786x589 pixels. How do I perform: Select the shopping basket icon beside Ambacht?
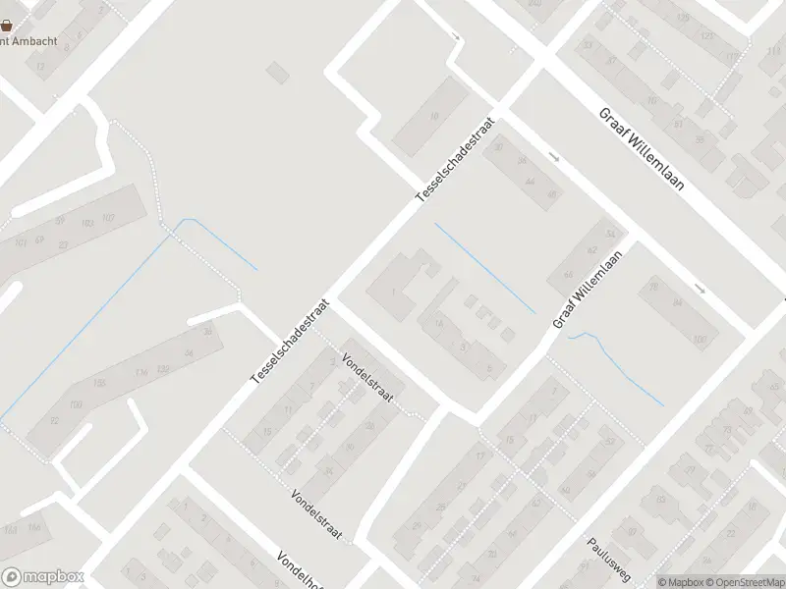coord(6,26)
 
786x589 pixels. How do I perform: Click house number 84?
coord(677,303)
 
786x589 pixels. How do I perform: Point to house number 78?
coord(654,288)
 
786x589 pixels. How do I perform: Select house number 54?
coord(611,234)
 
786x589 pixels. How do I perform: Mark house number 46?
coord(551,195)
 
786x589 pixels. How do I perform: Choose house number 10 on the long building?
coord(434,116)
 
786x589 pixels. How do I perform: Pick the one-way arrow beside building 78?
coord(700,289)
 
